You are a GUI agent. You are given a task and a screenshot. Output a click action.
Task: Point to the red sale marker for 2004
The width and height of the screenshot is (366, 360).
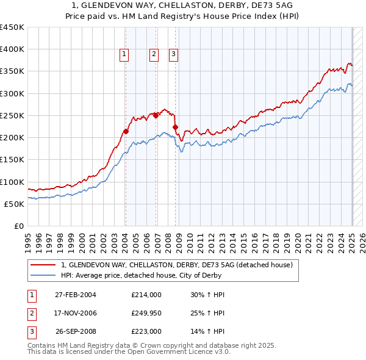pyautogui.click(x=126, y=131)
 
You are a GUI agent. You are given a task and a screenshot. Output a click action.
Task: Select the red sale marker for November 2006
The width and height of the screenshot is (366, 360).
pyautogui.click(x=156, y=115)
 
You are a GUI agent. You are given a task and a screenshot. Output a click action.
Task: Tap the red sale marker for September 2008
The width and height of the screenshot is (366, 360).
pyautogui.click(x=176, y=127)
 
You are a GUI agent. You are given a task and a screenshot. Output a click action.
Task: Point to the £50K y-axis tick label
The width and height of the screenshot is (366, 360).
pyautogui.click(x=14, y=204)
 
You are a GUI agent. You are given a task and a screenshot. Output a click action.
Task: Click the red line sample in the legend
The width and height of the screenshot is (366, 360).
pyautogui.click(x=44, y=265)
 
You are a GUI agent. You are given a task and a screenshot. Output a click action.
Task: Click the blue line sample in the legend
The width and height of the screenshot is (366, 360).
pyautogui.click(x=44, y=275)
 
